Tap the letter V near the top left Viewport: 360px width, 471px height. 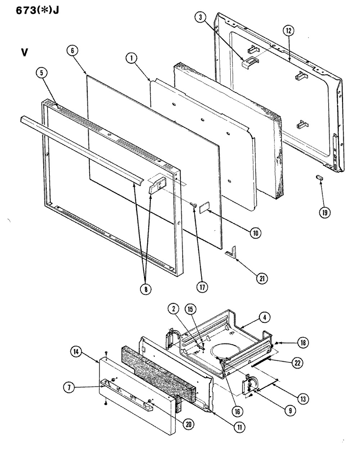coord(24,52)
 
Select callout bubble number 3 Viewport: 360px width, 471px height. coord(201,17)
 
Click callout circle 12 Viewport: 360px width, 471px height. coord(289,31)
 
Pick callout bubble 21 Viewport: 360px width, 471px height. coord(262,278)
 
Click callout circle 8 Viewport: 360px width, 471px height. coord(146,290)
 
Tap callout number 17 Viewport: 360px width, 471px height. coord(202,287)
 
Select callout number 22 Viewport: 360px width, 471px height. coord(297,363)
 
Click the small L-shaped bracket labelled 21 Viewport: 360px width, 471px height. coord(231,251)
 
